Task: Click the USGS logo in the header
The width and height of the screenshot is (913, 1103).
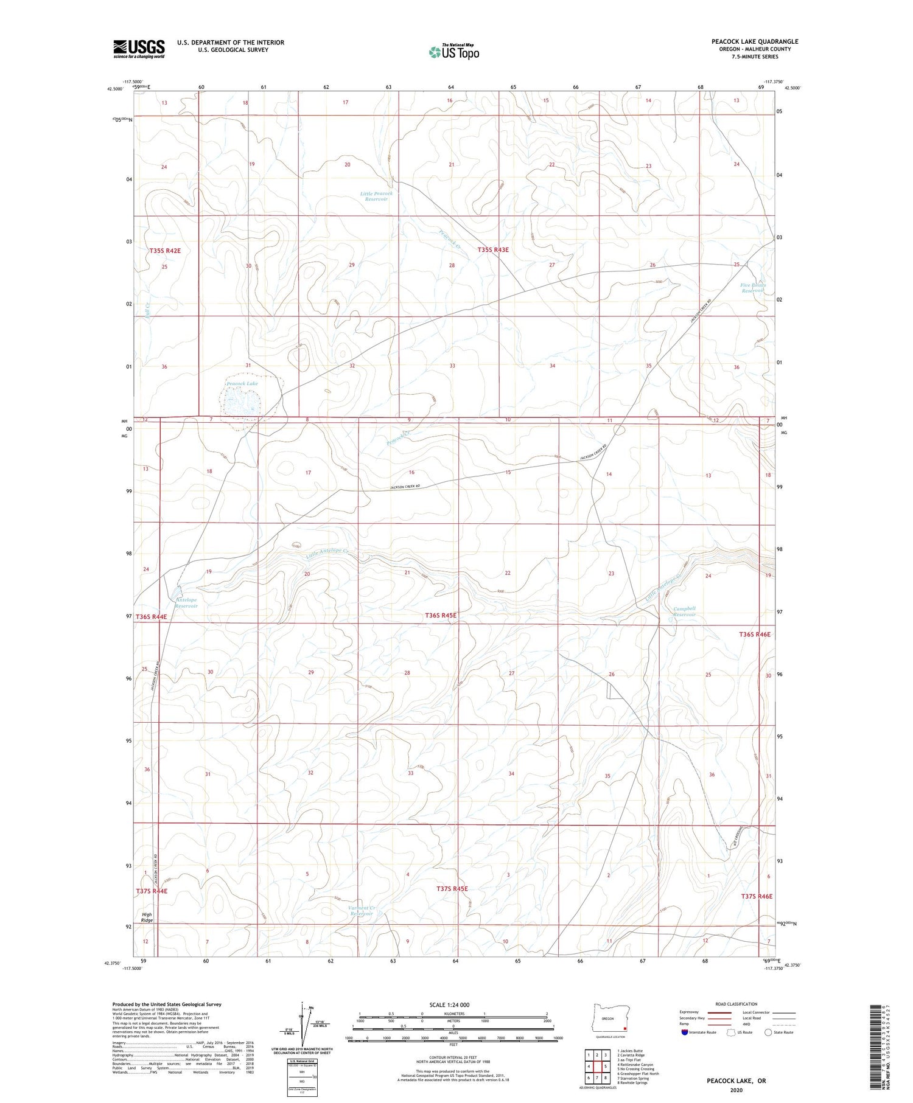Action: click(139, 49)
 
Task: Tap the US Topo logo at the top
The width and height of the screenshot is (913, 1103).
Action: click(453, 52)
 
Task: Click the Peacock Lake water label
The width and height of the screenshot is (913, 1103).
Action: click(242, 384)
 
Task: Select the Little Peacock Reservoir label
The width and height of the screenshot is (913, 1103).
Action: click(376, 196)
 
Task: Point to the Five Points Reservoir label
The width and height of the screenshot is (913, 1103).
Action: click(753, 288)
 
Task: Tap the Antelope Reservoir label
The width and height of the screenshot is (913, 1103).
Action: click(186, 603)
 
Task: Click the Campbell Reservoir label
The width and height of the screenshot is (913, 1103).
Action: click(684, 611)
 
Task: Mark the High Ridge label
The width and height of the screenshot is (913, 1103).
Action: click(147, 917)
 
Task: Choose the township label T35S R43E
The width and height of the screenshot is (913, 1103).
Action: click(493, 250)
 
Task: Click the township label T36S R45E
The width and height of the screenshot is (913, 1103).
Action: click(441, 616)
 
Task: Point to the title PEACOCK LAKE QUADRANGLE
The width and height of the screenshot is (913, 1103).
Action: click(755, 41)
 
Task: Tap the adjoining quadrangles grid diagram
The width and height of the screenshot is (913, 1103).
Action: click(596, 1066)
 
